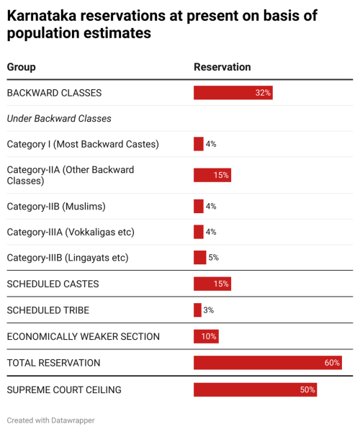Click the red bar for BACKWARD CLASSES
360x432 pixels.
coord(233,93)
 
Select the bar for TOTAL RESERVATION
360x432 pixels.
coord(267,363)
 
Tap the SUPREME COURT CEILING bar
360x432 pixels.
coord(255,390)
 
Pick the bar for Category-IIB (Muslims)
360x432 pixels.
coord(199,207)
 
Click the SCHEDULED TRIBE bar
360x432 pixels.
coord(197,310)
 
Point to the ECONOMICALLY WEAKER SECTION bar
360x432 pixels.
coord(206,336)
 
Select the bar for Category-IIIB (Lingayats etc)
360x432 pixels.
coord(199,258)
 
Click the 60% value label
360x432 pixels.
coord(332,363)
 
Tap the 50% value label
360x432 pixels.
coord(307,390)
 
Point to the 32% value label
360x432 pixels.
coord(263,93)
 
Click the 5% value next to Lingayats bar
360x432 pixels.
coord(213,258)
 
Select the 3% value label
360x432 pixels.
coord(208,310)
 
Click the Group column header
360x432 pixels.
coord(21,67)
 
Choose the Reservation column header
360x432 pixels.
coord(222,67)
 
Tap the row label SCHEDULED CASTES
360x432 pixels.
coord(53,284)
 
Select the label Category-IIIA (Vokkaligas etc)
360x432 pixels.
coord(71,232)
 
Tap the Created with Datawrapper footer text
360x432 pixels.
coord(50,420)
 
